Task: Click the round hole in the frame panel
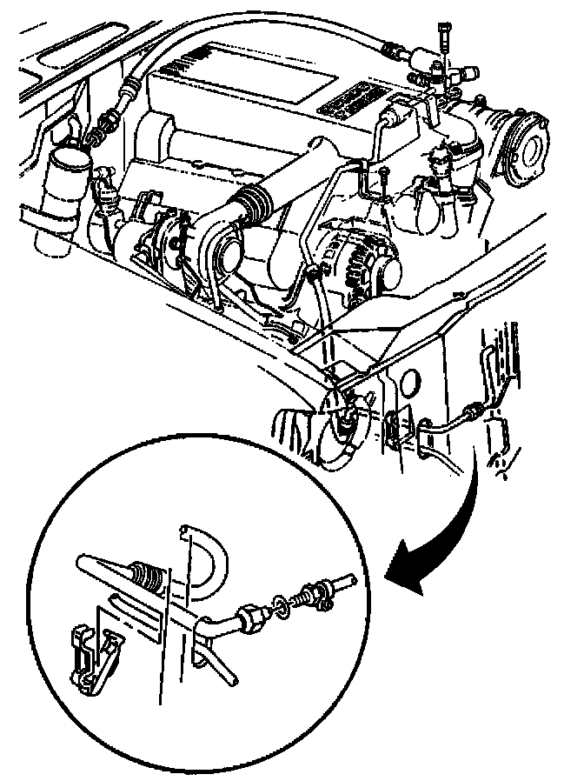click(410, 383)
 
